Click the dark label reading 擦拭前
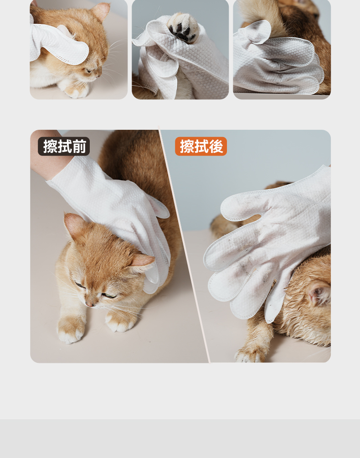click(x=64, y=146)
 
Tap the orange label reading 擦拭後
click(x=201, y=146)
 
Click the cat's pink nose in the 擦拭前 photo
click(x=89, y=305)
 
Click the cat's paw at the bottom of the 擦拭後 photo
click(x=249, y=355)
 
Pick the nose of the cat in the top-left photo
click(x=99, y=76)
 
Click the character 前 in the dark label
click(x=79, y=146)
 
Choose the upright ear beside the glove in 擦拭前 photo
click(x=75, y=225)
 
